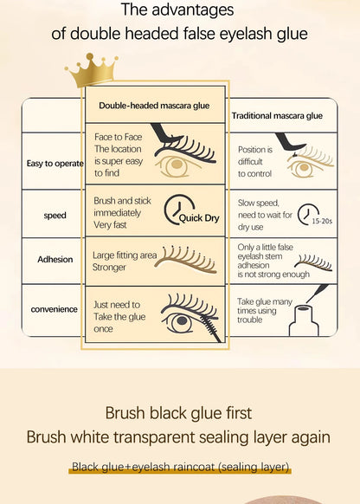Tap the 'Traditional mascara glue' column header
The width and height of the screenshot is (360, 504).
[277, 115]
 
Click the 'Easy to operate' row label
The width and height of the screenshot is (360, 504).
[54, 162]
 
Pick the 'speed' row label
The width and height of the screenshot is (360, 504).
[55, 215]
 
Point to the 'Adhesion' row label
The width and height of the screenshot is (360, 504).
[55, 259]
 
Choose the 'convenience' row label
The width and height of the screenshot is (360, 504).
[55, 308]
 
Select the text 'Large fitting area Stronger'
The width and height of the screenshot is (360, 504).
[122, 261]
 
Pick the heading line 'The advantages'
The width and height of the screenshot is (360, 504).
[179, 11]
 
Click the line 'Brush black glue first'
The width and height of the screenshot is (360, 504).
[179, 412]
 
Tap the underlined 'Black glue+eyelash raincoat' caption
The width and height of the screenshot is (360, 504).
[180, 468]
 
